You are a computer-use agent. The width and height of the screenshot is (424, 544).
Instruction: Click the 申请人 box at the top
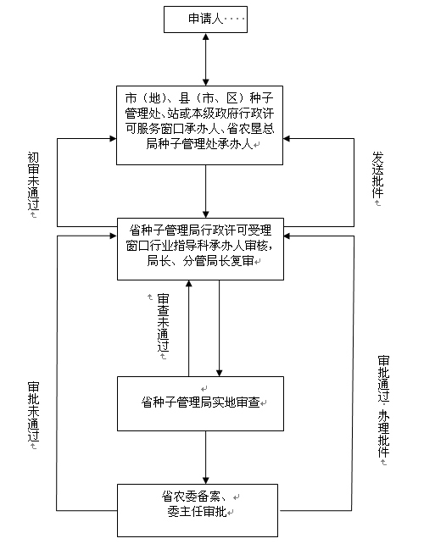point(205,19)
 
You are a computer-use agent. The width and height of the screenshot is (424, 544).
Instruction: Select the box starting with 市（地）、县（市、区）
point(199,125)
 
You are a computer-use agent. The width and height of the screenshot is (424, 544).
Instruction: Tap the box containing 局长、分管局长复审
point(200,249)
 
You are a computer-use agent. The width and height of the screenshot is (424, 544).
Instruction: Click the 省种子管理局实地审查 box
point(200,404)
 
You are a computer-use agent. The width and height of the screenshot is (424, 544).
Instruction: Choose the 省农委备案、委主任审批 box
point(198,510)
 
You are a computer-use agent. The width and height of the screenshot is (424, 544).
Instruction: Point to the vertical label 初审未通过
point(34,181)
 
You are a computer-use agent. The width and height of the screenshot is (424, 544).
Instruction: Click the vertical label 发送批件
point(378,175)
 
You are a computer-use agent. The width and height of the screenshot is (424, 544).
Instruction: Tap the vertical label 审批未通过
point(34,412)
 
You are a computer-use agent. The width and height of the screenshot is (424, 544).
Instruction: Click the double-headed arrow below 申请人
point(205,59)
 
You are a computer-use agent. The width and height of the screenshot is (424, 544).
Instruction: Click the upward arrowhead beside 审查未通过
point(189,284)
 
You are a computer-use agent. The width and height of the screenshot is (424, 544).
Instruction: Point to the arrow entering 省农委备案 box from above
point(205,458)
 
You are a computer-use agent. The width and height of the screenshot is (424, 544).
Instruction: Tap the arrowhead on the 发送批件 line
point(287,139)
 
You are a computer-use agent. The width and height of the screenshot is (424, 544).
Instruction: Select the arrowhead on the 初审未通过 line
point(113,139)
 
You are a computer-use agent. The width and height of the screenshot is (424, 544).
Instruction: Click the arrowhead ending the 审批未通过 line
point(113,236)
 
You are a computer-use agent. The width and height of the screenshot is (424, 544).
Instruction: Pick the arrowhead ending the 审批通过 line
point(287,236)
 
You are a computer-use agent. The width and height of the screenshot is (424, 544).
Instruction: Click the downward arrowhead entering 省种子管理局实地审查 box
point(219,373)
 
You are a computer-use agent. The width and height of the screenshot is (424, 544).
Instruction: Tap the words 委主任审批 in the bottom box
point(197,512)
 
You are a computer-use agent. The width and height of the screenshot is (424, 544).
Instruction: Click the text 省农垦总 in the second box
point(251,128)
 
